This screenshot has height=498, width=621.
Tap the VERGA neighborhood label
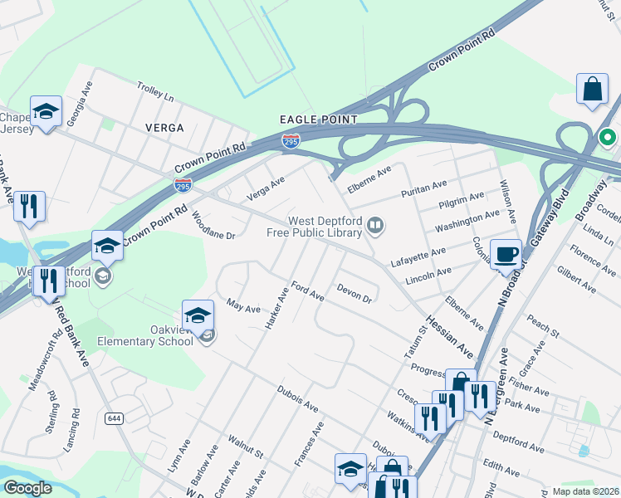tap(164, 128)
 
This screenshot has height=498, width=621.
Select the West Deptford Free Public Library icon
tap(376, 225)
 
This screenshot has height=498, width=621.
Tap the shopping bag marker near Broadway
tap(593, 90)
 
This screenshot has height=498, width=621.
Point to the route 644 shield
tap(114, 418)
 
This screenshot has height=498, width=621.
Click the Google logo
tap(27, 488)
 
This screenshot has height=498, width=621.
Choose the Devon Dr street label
tap(354, 293)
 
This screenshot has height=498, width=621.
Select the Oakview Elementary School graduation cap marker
tap(198, 315)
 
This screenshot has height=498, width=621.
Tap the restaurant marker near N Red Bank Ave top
tap(30, 207)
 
